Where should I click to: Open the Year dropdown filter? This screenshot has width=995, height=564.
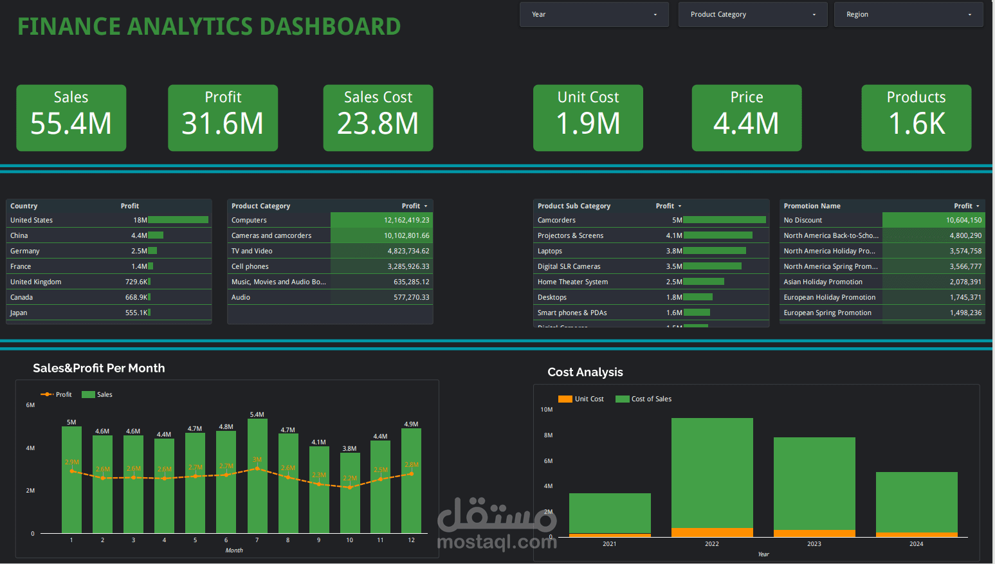click(594, 14)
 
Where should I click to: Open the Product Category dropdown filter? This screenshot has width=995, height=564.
click(753, 14)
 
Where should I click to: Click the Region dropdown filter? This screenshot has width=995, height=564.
click(908, 14)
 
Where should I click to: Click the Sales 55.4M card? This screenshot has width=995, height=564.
click(71, 118)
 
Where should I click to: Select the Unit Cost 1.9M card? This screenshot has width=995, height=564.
click(588, 118)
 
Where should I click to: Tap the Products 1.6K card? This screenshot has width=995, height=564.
click(916, 118)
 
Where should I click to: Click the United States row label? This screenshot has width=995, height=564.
click(32, 220)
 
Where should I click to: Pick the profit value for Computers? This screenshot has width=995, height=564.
click(406, 220)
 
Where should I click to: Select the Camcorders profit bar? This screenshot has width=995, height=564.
click(724, 220)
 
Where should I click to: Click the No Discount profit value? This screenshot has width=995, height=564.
click(963, 220)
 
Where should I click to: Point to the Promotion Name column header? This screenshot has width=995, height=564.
click(812, 206)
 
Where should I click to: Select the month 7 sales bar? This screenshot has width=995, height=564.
click(257, 476)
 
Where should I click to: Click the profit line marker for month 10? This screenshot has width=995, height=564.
click(349, 487)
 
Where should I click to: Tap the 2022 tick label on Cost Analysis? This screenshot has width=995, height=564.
click(711, 544)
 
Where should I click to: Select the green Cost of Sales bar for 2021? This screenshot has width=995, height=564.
click(610, 513)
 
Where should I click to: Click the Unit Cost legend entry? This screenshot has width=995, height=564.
click(581, 399)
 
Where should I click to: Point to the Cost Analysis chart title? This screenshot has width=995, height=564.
click(585, 372)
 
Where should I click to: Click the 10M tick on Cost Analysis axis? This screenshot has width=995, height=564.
click(546, 410)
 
